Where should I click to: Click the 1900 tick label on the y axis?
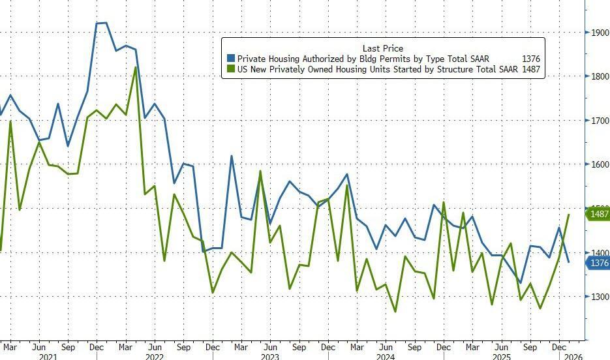click(x=600, y=33)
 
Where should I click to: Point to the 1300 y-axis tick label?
click(x=600, y=297)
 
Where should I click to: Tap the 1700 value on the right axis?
click(x=600, y=121)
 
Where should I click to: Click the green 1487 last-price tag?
click(x=599, y=214)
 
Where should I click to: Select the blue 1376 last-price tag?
click(x=599, y=263)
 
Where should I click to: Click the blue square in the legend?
click(x=230, y=59)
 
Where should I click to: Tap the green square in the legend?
click(x=230, y=69)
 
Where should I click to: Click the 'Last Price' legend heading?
click(x=382, y=48)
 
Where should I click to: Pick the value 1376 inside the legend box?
click(x=531, y=59)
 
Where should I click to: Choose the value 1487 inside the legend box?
click(x=531, y=69)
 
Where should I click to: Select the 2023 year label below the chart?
click(x=269, y=357)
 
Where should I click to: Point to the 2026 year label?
click(x=573, y=357)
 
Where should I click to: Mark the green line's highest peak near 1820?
click(x=135, y=67)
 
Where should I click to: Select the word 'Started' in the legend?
click(x=395, y=69)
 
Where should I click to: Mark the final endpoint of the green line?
click(x=569, y=214)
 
